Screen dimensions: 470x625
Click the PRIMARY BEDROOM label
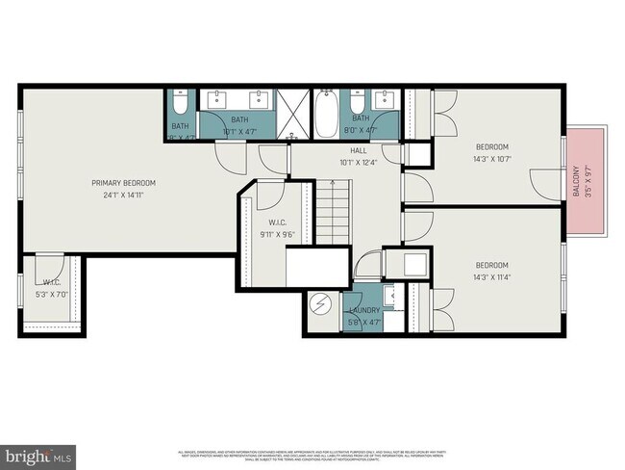click(x=123, y=183)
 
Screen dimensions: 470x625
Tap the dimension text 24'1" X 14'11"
click(x=123, y=195)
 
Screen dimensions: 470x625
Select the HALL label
click(x=359, y=150)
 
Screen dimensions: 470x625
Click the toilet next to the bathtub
click(x=356, y=102)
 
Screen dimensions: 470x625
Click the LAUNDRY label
click(x=364, y=310)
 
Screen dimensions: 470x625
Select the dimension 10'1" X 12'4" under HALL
click(x=359, y=162)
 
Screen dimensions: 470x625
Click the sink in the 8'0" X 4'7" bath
click(x=387, y=97)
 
